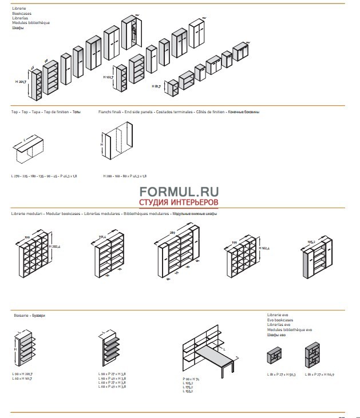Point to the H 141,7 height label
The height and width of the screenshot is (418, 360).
[108, 77]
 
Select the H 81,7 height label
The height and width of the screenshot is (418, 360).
[156, 87]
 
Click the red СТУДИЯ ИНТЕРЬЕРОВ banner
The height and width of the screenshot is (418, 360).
[179, 203]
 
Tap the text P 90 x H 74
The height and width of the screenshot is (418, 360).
[191, 379]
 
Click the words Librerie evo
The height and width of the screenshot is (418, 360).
[278, 315]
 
